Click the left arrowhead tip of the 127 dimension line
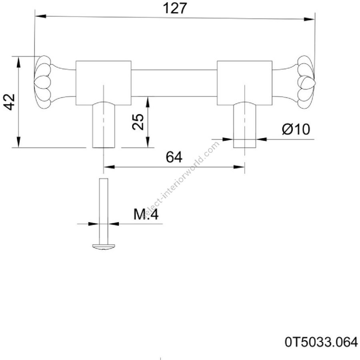35,16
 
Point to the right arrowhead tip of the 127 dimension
314,19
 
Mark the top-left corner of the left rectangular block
76,61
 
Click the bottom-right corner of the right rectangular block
272,105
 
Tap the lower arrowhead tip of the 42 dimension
18,147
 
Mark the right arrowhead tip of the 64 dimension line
244,167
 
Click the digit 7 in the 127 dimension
182,8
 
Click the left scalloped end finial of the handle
43,82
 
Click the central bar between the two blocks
174,83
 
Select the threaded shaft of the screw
103,211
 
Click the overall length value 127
175,8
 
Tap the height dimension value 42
10,102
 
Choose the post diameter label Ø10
296,129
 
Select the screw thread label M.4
146,215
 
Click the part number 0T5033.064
321,342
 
